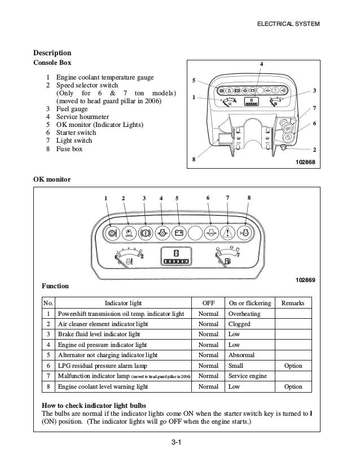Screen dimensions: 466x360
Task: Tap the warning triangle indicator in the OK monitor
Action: coord(228,232)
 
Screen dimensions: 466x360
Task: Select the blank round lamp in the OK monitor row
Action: coord(194,232)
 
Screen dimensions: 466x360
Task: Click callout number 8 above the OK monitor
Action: coord(249,198)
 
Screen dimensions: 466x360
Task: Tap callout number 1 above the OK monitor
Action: coord(105,198)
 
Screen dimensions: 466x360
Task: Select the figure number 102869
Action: coord(305,280)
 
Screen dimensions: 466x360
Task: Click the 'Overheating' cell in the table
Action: coord(243,314)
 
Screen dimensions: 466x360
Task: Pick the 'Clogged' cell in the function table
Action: coord(239,324)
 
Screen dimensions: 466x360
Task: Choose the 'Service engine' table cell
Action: coord(248,376)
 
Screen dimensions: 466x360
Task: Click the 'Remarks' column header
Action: coord(293,303)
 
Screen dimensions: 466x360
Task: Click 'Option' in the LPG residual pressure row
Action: coord(293,366)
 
